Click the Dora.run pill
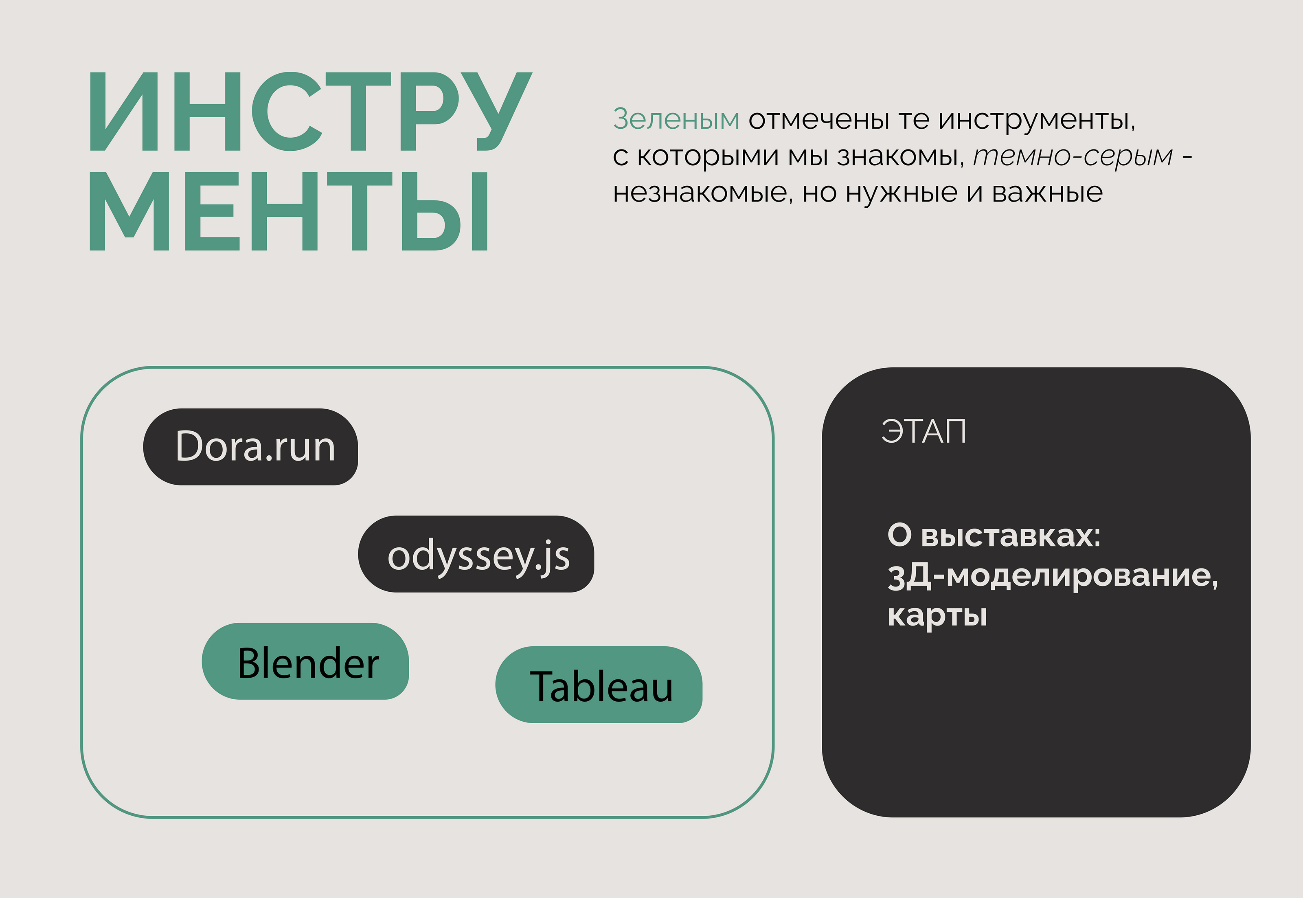(x=250, y=447)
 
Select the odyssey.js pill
(x=476, y=554)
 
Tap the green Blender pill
(x=305, y=661)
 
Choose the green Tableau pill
(x=599, y=685)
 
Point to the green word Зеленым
(x=676, y=119)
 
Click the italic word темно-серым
(x=1073, y=156)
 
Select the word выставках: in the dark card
(x=1011, y=536)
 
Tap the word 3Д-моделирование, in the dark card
(x=1053, y=576)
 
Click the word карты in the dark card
(x=937, y=615)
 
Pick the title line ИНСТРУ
(x=311, y=112)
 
